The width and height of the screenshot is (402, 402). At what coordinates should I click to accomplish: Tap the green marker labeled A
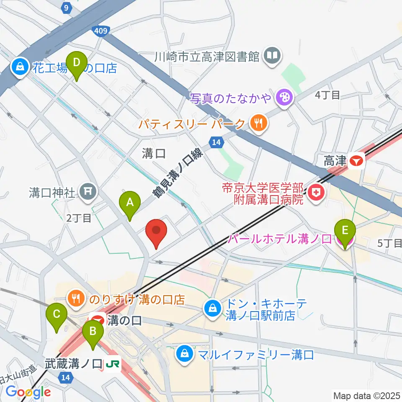[130, 205]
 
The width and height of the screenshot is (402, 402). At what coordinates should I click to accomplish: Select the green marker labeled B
[93, 335]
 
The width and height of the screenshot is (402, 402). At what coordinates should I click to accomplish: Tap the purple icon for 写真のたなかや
[284, 98]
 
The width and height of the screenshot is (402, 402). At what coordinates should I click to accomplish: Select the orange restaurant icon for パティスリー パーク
[257, 124]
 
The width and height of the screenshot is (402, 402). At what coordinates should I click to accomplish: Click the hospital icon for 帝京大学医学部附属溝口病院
[314, 193]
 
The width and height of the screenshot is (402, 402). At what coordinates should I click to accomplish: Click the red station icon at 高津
[357, 160]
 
